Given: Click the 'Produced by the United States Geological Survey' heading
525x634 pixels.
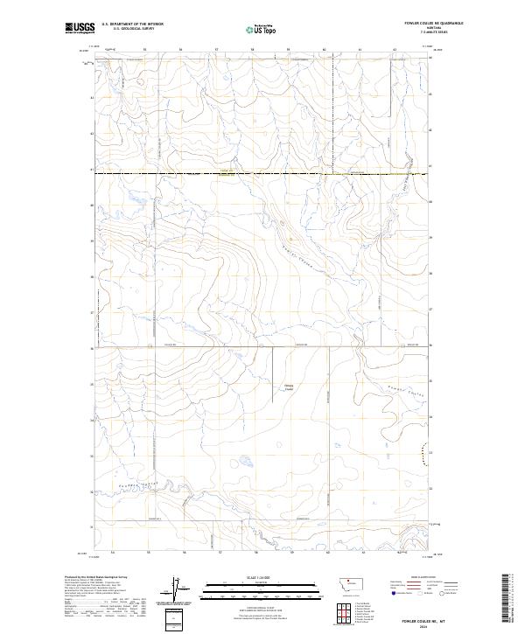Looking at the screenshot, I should click(x=93, y=577).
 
